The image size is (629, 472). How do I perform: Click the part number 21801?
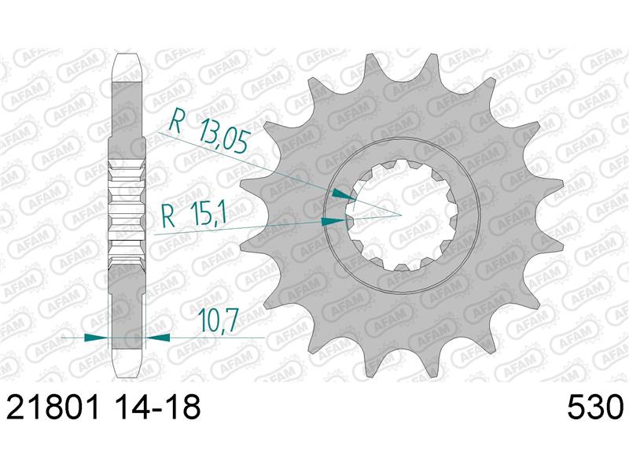click(x=55, y=407)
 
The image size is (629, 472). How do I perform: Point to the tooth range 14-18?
click(x=156, y=407)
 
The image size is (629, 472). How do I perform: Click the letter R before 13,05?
click(x=178, y=123)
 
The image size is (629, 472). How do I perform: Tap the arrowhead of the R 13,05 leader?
click(x=344, y=193)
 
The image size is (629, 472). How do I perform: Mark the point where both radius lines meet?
click(x=401, y=213)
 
